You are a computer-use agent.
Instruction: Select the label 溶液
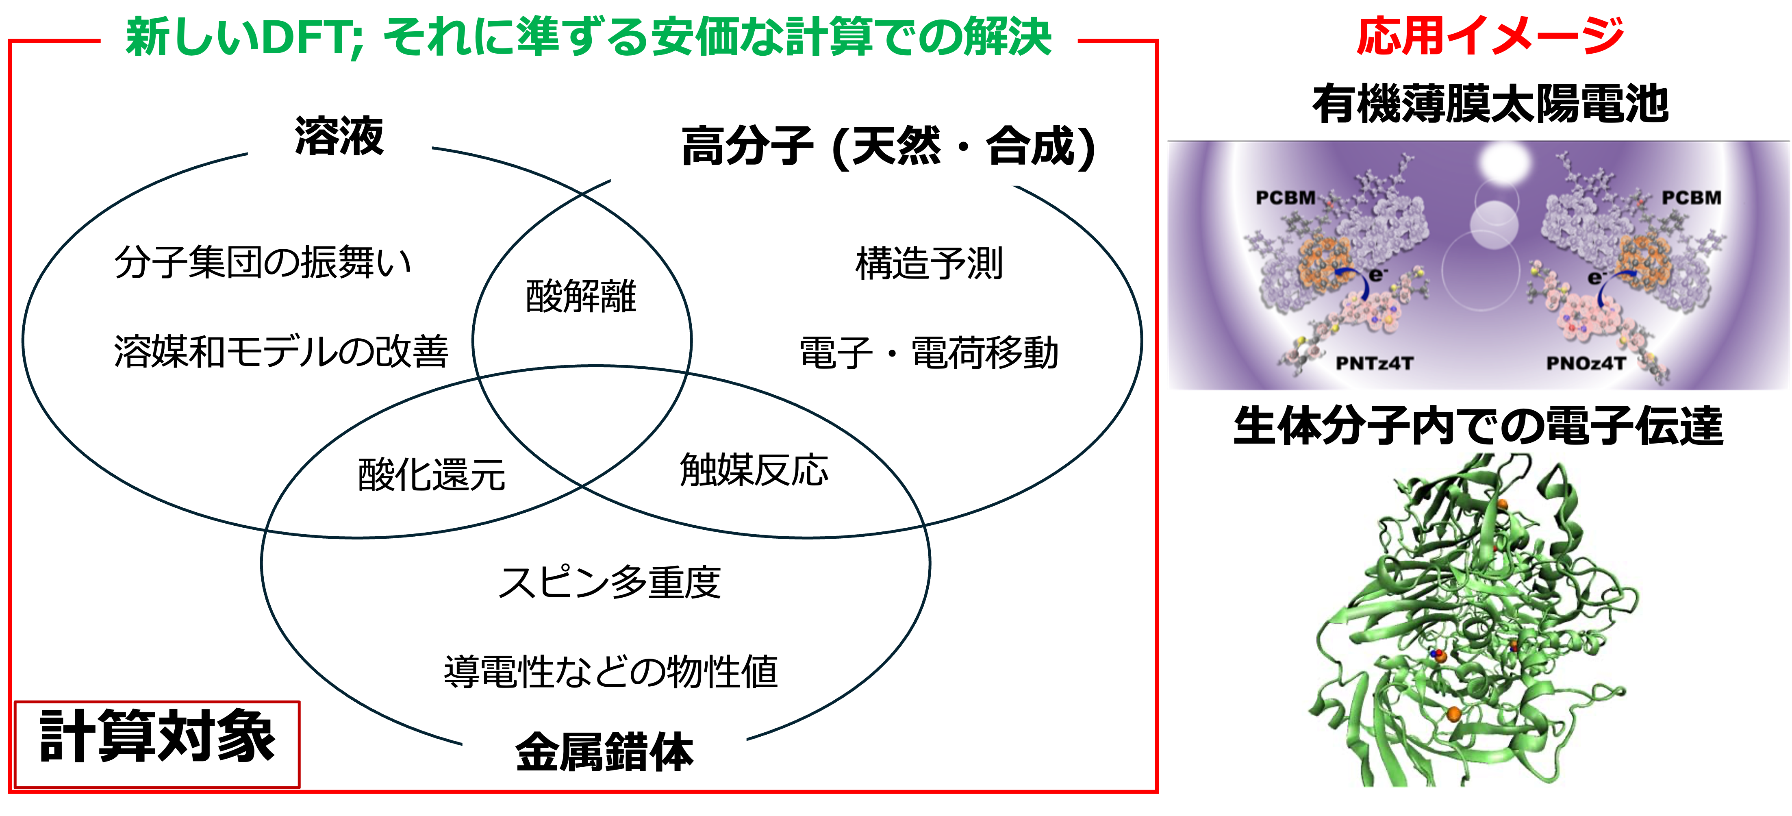(x=339, y=137)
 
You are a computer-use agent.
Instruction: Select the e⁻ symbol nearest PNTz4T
(x=1376, y=276)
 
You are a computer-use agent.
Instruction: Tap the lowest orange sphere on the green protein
(x=1453, y=713)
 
